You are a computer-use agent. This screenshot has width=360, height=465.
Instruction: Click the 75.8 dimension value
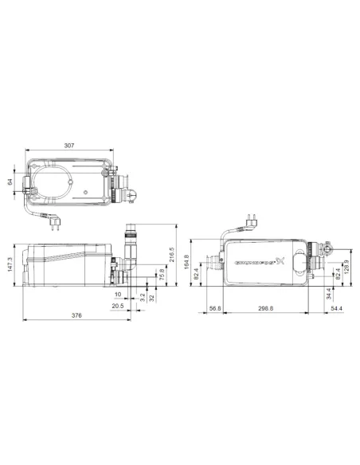(162, 275)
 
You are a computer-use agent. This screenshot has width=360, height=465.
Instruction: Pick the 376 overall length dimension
(76, 315)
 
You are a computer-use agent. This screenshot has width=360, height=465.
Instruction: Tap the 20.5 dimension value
(118, 305)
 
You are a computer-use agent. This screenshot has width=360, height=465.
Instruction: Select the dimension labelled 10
(118, 295)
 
